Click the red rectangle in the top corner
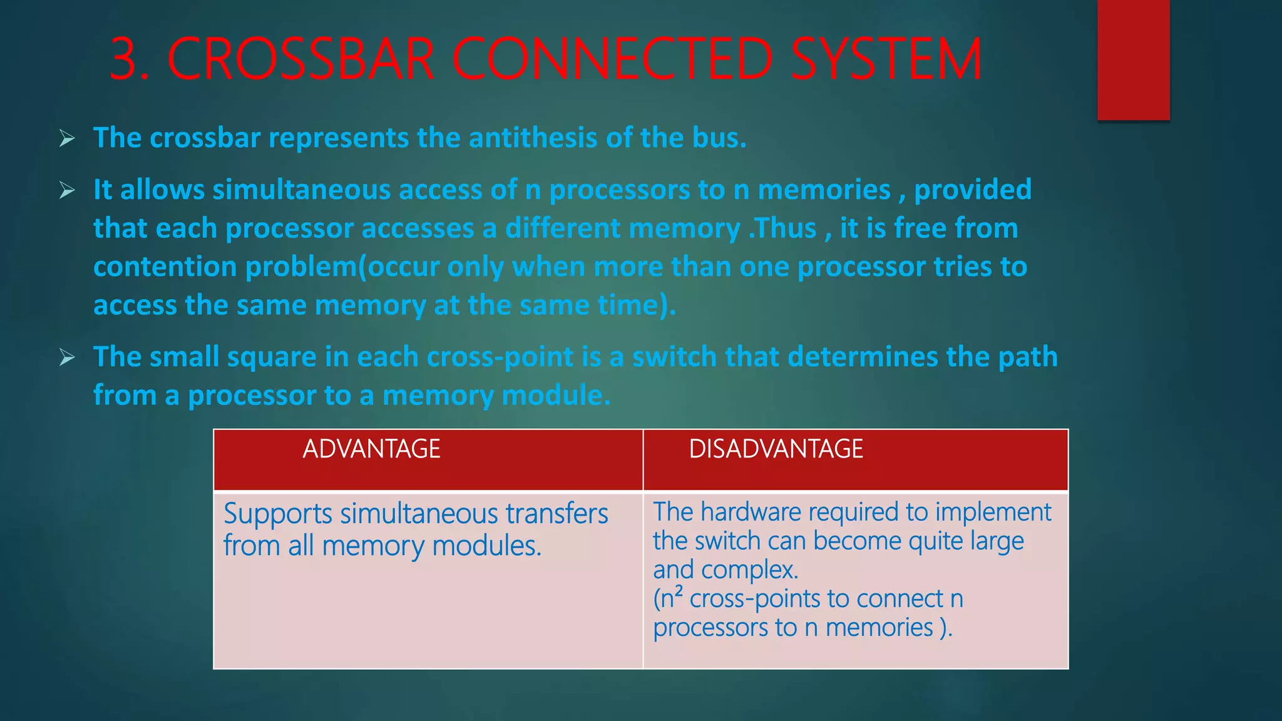[x=1133, y=59]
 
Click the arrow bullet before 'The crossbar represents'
[x=67, y=138]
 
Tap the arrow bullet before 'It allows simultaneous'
[x=67, y=190]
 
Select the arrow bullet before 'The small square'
[x=67, y=357]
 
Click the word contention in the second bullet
[x=165, y=267]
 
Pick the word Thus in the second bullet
[x=786, y=228]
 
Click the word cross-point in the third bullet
[x=500, y=357]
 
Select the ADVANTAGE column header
[x=371, y=449]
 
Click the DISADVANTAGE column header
[x=776, y=449]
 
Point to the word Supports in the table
[x=278, y=514]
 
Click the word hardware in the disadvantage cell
[x=751, y=512]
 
